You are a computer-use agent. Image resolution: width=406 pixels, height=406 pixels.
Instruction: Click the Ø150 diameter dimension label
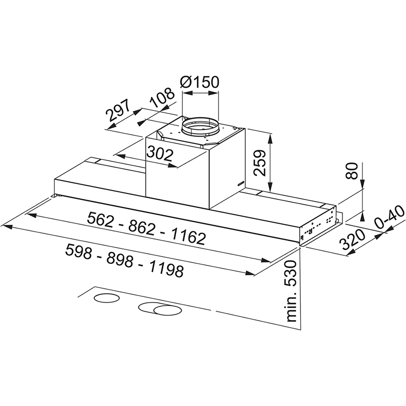tap(200, 82)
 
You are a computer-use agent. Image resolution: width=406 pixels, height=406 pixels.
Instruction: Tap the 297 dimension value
tap(118, 110)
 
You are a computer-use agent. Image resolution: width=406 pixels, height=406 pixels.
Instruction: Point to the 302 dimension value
tap(160, 154)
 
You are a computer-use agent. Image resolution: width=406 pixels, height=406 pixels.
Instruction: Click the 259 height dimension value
tap(260, 163)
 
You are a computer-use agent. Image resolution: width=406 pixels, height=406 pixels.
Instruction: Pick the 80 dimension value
tap(351, 170)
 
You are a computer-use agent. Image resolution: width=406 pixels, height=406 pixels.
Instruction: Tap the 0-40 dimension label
tap(389, 217)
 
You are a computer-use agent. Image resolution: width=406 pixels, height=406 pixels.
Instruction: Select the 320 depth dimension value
tap(352, 239)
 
